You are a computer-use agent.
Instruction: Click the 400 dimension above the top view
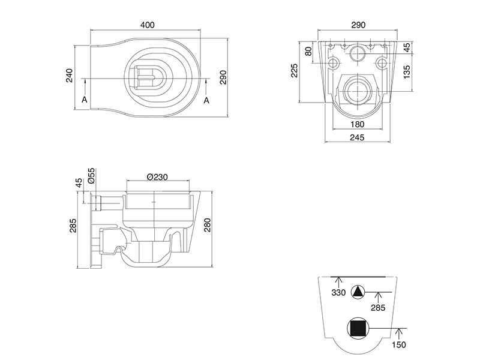click(x=147, y=25)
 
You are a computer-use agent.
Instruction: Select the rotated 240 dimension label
click(x=70, y=76)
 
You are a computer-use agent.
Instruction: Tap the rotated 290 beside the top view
click(x=223, y=77)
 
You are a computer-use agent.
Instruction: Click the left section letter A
click(x=85, y=100)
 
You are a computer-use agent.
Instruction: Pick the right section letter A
click(x=206, y=100)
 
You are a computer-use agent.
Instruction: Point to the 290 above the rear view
click(x=358, y=25)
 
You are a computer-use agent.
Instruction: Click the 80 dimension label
click(x=309, y=51)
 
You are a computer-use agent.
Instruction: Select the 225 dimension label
click(x=294, y=70)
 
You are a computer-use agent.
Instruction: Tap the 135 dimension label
click(x=407, y=72)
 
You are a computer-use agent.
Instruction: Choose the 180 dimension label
click(x=357, y=124)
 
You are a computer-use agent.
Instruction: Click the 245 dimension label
click(x=357, y=137)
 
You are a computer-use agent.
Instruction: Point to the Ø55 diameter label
click(x=91, y=176)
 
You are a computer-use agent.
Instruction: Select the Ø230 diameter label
click(x=157, y=177)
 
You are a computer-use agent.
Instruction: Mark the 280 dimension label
click(x=208, y=225)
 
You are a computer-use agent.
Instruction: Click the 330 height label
click(x=338, y=293)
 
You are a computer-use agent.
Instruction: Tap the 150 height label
click(x=399, y=344)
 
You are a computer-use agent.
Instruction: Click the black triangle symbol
click(x=358, y=293)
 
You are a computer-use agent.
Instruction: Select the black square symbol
click(x=358, y=328)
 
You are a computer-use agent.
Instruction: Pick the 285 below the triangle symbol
click(x=378, y=307)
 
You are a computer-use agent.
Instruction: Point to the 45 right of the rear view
click(x=407, y=47)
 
